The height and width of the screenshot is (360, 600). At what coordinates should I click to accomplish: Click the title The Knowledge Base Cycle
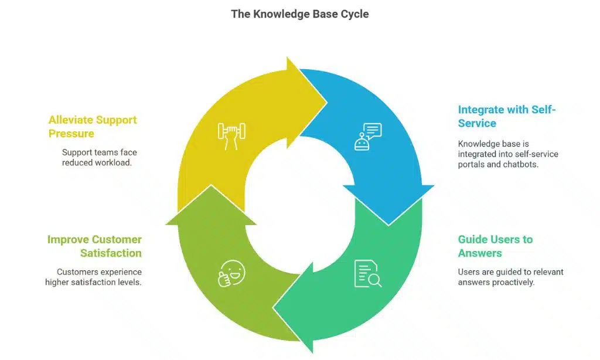point(299,14)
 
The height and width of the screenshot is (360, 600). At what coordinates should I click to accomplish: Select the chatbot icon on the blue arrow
point(367,136)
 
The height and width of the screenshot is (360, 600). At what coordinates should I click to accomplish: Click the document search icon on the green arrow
point(367,273)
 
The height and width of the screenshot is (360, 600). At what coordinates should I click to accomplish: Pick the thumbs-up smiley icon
point(231,274)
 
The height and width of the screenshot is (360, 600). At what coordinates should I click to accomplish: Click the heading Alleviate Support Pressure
point(93,127)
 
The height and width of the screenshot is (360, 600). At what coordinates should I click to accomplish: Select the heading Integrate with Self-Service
point(506,116)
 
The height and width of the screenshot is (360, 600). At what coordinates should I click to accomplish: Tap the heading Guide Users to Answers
point(495,246)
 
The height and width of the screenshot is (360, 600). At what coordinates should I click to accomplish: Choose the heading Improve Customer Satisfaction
point(94,246)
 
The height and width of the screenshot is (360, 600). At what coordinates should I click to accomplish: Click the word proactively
point(513,282)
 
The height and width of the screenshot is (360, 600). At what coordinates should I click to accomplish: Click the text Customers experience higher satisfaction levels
point(94,277)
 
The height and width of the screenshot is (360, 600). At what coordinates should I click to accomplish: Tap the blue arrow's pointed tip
point(388,224)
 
